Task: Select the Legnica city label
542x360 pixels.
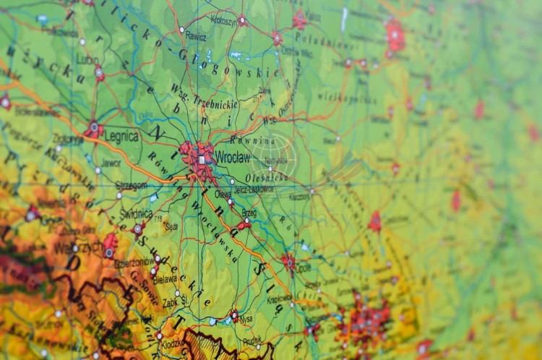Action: point(121,135)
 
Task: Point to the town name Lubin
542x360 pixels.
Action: point(88,60)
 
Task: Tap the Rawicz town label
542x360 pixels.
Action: point(195,36)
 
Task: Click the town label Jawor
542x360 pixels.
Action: point(111,163)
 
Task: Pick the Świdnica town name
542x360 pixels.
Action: point(136,214)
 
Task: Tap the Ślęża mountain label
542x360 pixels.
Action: point(171,226)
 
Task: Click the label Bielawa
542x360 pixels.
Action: point(165,278)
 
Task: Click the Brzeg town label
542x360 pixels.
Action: point(249,213)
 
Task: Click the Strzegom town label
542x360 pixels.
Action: point(131,186)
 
